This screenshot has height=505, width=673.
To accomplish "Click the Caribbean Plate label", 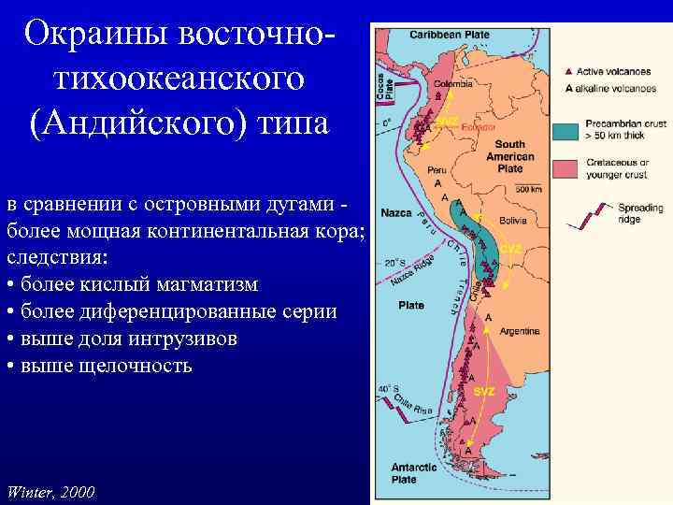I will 444,35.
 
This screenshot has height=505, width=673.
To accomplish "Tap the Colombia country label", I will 452,81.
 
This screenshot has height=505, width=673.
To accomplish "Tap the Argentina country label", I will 520,331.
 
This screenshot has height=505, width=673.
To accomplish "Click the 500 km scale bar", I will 528,190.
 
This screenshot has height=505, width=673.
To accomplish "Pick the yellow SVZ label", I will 483,390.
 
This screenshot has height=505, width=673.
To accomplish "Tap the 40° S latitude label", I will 388,388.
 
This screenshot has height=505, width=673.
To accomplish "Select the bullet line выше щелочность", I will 99,365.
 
